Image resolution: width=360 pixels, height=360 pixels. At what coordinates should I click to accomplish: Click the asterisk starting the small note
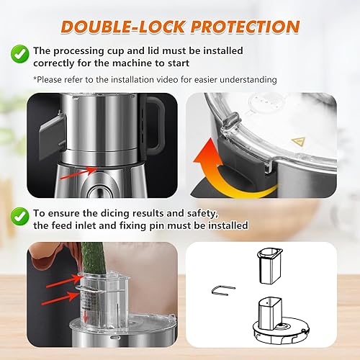(34, 78)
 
